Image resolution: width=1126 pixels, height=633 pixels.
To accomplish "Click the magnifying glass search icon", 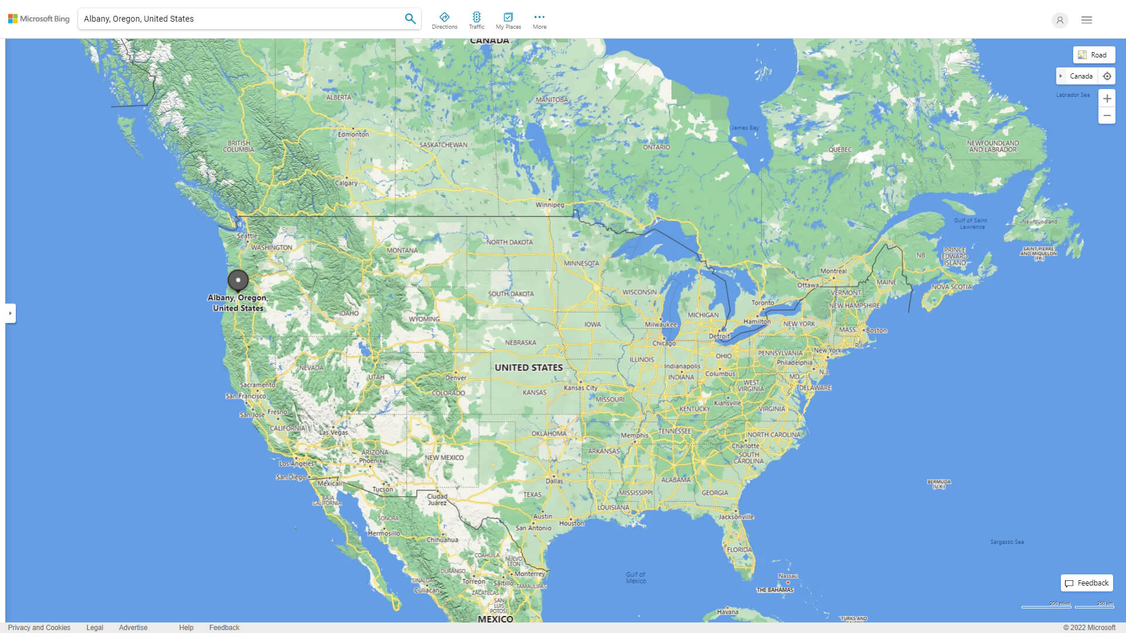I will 410,19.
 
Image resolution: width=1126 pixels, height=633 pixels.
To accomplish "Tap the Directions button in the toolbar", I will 444,21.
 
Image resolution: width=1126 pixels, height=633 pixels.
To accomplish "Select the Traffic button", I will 476,21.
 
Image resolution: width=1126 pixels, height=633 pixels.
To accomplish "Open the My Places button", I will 508,21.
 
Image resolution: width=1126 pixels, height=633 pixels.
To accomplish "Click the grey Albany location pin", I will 238,280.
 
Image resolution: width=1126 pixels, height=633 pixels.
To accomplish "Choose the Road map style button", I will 1094,55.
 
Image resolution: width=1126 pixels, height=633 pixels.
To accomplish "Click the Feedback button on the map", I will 1087,583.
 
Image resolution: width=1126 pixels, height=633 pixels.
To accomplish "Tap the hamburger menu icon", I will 1086,20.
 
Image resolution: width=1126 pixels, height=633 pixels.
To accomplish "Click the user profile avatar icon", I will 1059,20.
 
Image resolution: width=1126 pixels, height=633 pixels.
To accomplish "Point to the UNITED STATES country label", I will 528,367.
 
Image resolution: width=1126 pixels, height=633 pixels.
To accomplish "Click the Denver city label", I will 456,378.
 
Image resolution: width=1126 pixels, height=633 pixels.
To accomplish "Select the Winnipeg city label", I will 550,205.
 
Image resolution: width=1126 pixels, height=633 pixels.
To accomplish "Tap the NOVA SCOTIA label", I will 951,287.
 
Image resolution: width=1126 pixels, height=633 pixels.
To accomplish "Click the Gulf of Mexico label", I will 636,577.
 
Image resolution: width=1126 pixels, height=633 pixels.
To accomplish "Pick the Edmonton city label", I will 353,134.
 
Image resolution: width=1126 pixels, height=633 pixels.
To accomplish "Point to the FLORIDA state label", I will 739,550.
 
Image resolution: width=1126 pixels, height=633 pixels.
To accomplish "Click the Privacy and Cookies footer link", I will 39,627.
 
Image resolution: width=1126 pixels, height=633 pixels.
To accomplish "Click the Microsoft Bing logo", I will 39,19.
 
